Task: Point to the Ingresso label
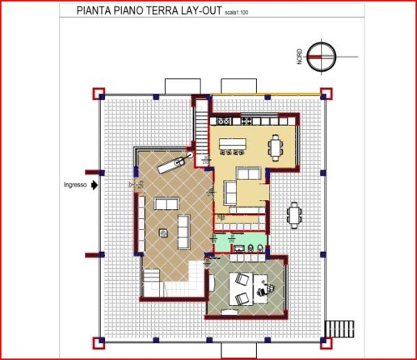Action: [x=75, y=185]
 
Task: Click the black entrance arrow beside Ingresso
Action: [x=95, y=185]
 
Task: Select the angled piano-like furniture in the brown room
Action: [x=171, y=165]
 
